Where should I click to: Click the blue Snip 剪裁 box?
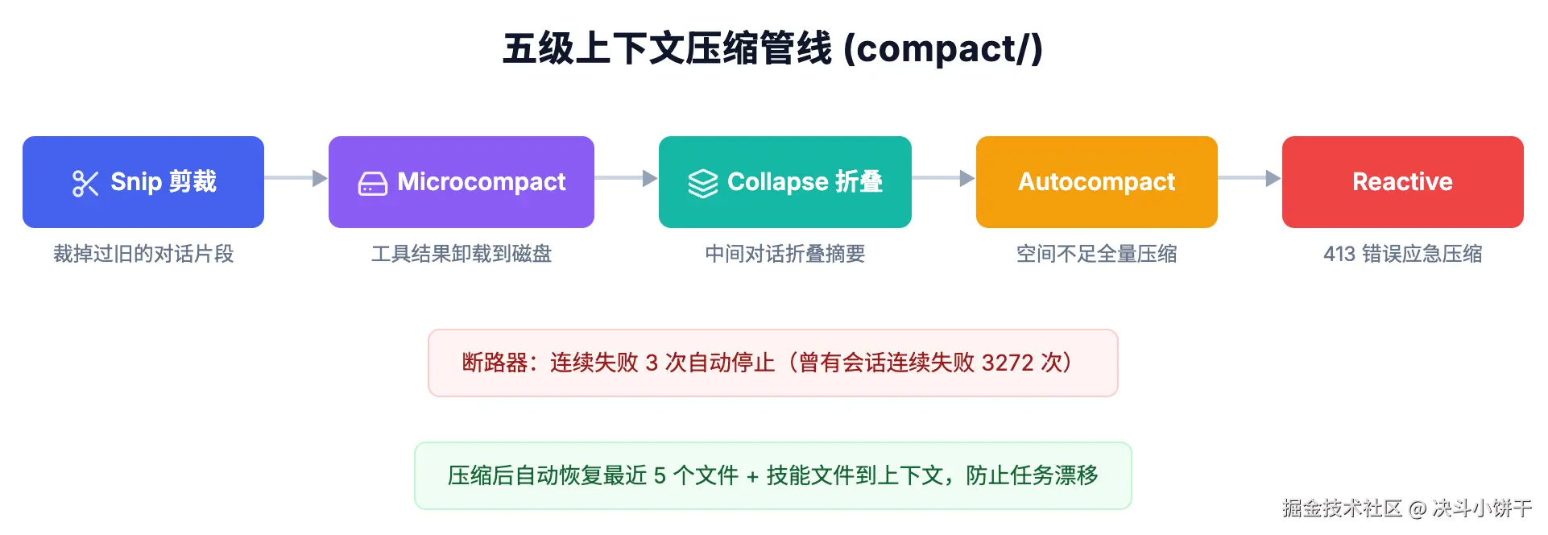point(143,182)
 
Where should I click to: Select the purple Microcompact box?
point(461,182)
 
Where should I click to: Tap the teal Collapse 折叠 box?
point(784,182)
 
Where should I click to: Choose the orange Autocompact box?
point(1096,182)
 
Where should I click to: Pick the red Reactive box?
point(1402,182)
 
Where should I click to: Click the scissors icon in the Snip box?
point(85,183)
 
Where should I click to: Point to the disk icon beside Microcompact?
point(372,184)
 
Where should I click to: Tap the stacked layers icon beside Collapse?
point(702,183)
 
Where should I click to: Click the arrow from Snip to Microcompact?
point(296,178)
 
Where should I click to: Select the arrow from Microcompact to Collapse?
point(627,178)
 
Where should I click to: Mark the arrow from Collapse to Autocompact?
point(944,178)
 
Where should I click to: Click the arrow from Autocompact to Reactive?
point(1250,178)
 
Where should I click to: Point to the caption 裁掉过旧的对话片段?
point(143,254)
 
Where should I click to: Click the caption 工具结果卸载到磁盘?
point(461,254)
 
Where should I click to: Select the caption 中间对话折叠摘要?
point(784,254)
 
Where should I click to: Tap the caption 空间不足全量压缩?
point(1096,254)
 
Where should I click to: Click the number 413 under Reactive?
point(1339,254)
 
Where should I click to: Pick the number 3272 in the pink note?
point(1008,363)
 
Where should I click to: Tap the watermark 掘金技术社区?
point(1342,508)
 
